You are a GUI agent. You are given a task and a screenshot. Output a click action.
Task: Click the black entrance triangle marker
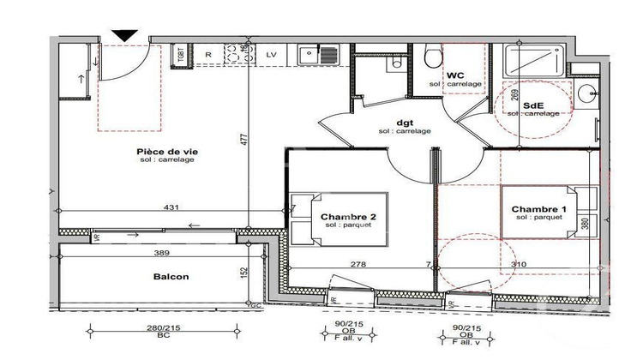(x=125, y=35)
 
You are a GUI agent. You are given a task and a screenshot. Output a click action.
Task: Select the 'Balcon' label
(x=171, y=277)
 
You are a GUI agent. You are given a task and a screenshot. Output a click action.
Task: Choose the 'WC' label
(x=455, y=75)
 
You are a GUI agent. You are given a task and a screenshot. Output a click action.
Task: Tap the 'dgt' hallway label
(x=404, y=122)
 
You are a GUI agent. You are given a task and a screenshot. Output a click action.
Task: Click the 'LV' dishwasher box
(x=271, y=54)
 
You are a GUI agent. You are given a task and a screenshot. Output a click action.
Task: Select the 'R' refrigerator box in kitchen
(x=207, y=54)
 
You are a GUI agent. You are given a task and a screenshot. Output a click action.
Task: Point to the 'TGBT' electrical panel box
(x=182, y=54)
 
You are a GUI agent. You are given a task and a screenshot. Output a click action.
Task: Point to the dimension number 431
(x=171, y=208)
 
